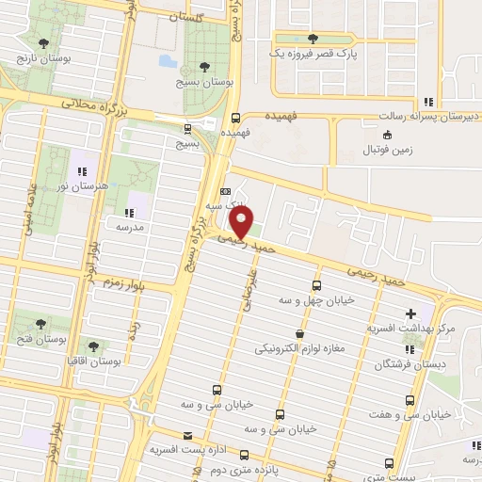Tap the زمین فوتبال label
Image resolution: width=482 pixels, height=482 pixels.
(387, 151)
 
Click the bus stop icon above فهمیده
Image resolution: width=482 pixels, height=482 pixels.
(235, 118)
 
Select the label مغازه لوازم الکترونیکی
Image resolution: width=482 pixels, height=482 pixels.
(298, 348)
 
